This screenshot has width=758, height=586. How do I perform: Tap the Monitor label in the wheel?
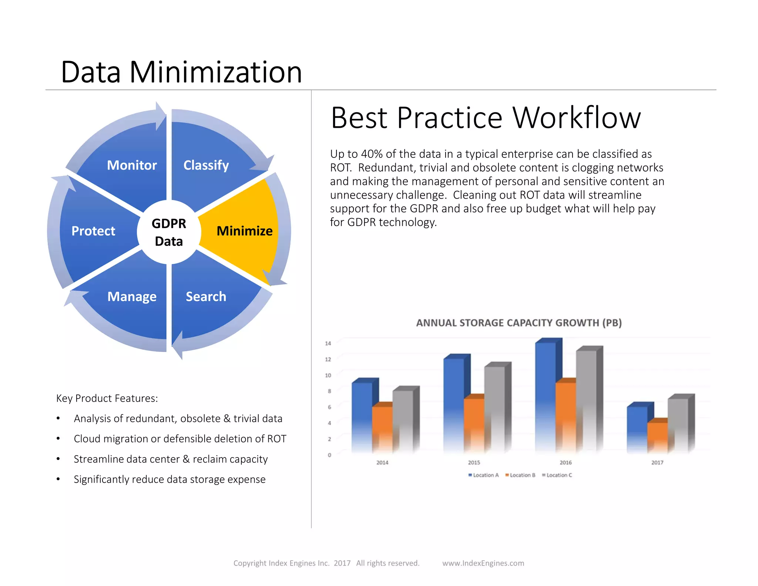(132, 165)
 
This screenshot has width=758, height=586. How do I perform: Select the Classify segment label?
(206, 165)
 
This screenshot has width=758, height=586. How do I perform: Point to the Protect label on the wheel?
(93, 231)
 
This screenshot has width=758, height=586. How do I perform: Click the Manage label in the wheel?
(132, 297)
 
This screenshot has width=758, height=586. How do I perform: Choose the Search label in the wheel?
(206, 297)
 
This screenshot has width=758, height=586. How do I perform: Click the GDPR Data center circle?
(169, 232)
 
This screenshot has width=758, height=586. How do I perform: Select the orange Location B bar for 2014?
(382, 430)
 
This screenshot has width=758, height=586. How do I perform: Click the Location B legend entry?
(520, 475)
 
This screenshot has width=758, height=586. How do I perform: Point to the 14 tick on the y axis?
(328, 343)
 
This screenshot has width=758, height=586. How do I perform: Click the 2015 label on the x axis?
(474, 463)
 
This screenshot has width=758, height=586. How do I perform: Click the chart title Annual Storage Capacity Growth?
(519, 323)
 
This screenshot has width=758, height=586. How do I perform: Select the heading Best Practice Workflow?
(486, 118)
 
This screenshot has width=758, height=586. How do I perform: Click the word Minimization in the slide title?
(216, 72)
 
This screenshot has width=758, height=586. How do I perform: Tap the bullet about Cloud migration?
(180, 439)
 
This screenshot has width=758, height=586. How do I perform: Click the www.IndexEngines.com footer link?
(483, 563)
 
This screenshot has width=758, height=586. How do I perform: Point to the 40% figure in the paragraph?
(372, 154)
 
